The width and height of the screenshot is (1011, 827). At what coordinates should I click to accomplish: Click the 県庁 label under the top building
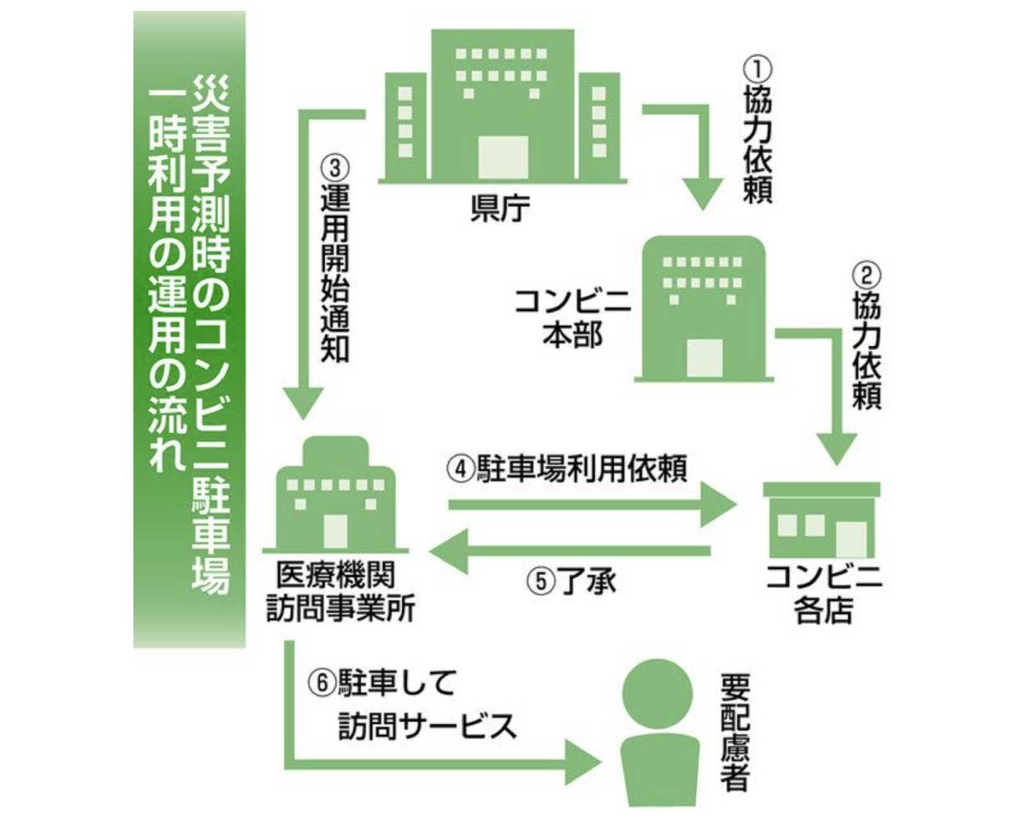pyautogui.click(x=500, y=208)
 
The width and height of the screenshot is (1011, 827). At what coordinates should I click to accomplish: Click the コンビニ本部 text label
pyautogui.click(x=572, y=317)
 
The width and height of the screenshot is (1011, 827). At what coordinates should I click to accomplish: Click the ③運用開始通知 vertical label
pyautogui.click(x=334, y=259)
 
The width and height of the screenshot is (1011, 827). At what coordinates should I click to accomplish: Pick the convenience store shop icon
pyautogui.click(x=822, y=521)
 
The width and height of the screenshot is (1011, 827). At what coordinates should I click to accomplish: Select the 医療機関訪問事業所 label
pyautogui.click(x=339, y=592)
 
